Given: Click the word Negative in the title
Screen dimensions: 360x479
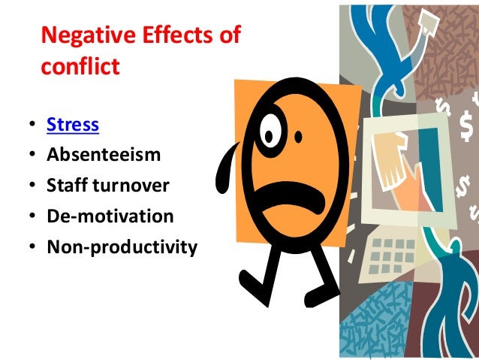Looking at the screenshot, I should (83, 35).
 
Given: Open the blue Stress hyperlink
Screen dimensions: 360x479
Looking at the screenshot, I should (73, 125).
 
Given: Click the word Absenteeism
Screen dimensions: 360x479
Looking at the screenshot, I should (103, 156).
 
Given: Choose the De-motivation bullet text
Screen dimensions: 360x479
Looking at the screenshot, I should (110, 216).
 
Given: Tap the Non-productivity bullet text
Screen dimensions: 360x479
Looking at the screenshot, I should (122, 247).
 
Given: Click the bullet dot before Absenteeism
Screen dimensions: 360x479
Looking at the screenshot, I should (32, 156).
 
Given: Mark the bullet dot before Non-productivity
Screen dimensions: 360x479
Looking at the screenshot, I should (32, 247).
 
